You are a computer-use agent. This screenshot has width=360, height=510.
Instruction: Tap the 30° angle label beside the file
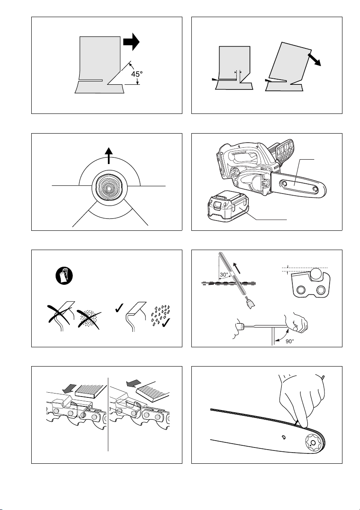(x=226, y=275)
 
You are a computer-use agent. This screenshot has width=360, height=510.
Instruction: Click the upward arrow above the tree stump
(x=110, y=156)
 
